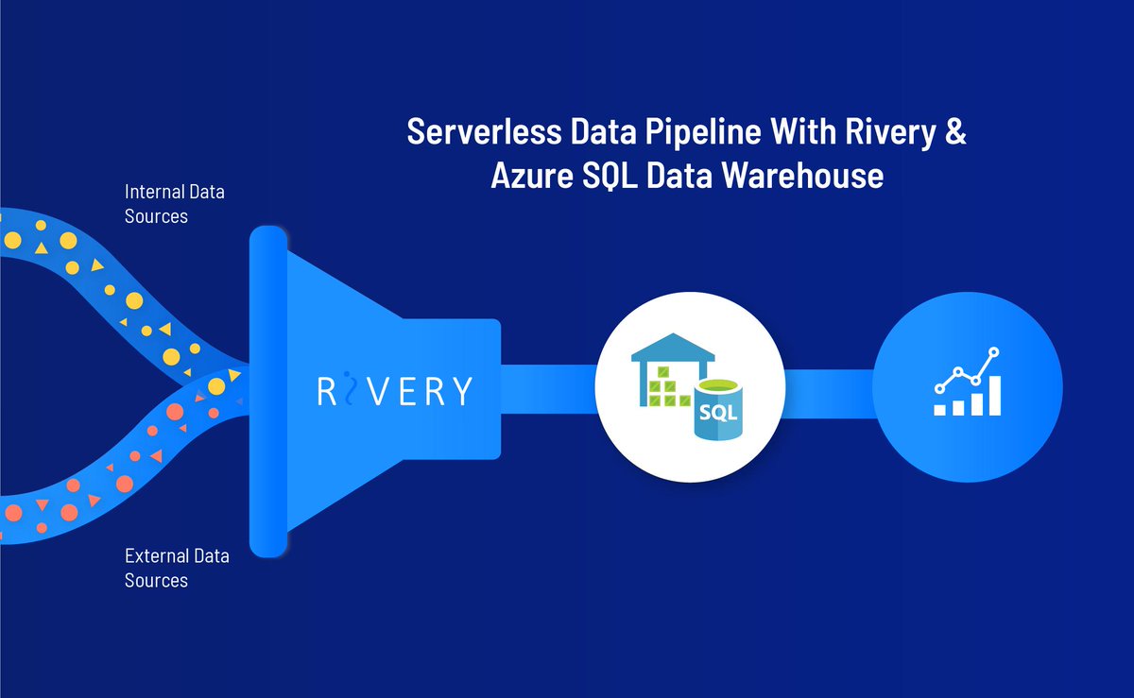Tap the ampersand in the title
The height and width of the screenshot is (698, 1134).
pos(955,133)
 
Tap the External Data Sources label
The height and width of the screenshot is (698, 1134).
pos(176,568)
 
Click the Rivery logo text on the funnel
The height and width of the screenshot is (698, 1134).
pos(394,390)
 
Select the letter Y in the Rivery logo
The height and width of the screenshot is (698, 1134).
pos(459,390)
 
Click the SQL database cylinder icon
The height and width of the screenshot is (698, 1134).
pos(717,411)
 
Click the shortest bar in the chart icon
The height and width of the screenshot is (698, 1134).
pos(939,410)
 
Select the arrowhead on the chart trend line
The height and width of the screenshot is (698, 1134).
pos(993,351)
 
